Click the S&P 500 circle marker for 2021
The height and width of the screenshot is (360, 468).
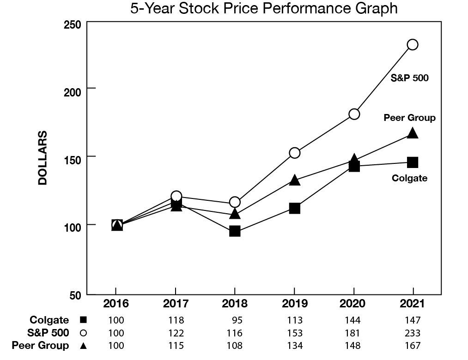412,44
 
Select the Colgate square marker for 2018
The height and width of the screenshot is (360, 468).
235,231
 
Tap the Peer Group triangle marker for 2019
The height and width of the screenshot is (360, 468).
295,180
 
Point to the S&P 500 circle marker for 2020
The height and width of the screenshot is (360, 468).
354,114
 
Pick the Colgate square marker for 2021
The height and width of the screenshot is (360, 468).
413,162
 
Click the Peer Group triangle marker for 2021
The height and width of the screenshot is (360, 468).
413,133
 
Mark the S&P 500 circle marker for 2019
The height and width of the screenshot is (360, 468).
294,153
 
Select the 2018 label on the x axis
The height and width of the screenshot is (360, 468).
235,304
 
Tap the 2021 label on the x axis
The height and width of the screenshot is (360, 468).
413,304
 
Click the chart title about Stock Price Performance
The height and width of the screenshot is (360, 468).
264,9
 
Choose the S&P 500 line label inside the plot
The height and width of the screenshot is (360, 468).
410,78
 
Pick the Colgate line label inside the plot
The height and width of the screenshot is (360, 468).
409,178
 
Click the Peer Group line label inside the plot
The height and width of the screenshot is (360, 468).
410,118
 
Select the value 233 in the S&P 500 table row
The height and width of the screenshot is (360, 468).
413,333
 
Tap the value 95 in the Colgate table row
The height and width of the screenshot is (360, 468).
237,320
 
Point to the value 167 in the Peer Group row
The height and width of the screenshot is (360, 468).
413,345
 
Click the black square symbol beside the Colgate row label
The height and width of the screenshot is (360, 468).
83,320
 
